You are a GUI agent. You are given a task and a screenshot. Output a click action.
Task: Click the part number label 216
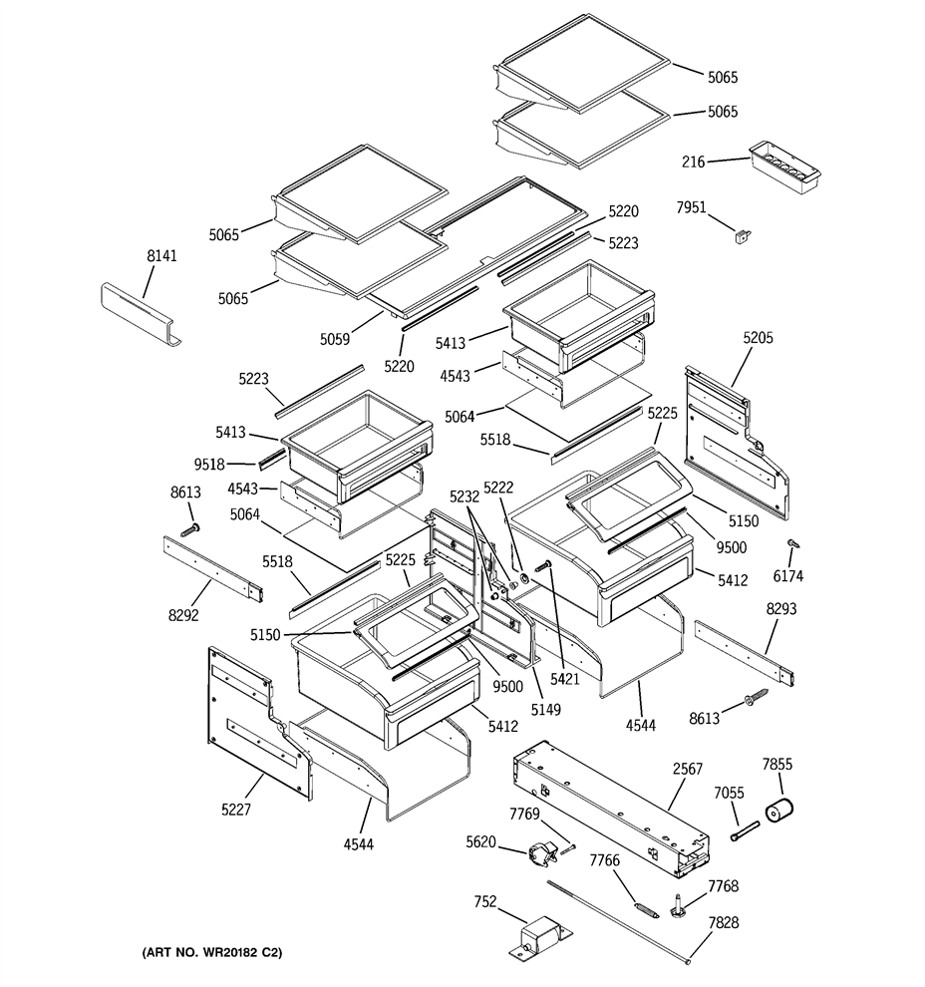click(x=694, y=162)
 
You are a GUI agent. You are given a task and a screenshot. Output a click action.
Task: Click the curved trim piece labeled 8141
click(x=141, y=313)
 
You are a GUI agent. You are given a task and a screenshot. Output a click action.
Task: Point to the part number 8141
click(x=161, y=255)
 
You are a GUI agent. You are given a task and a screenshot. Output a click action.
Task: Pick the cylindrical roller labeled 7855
click(x=779, y=809)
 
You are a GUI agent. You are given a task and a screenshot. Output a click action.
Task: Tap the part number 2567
click(x=688, y=769)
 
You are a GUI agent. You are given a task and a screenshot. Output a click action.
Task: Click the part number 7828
click(x=724, y=922)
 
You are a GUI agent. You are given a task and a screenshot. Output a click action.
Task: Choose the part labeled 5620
click(x=542, y=854)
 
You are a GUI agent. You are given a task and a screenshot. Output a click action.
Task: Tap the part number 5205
click(x=758, y=337)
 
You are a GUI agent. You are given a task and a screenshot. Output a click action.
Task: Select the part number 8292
click(x=183, y=615)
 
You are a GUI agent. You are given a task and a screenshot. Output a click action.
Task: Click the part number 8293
click(x=780, y=609)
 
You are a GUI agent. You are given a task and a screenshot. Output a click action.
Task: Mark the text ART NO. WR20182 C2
click(x=212, y=952)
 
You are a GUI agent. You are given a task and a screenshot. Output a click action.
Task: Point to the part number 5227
click(x=236, y=810)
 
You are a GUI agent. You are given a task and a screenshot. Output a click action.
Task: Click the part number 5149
click(x=545, y=710)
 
